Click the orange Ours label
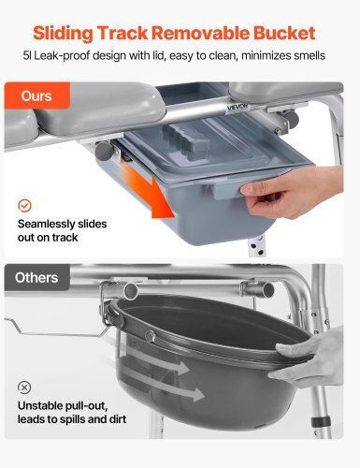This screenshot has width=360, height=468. pyautogui.click(x=36, y=95)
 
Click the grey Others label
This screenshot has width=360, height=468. pyautogui.click(x=36, y=277)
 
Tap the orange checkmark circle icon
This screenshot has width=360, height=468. pyautogui.click(x=24, y=206)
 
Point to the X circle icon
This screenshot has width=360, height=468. pyautogui.click(x=24, y=388)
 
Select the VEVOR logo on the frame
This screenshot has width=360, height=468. pyautogui.click(x=238, y=108)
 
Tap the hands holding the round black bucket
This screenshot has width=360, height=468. pyautogui.click(x=309, y=358)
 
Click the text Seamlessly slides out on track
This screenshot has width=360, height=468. pyautogui.click(x=62, y=230)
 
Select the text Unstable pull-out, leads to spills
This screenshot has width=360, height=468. pyautogui.click(x=72, y=412)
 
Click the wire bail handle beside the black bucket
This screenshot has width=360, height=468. pyautogui.click(x=56, y=328)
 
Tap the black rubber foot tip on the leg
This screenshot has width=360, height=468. pyautogui.click(x=321, y=421)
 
